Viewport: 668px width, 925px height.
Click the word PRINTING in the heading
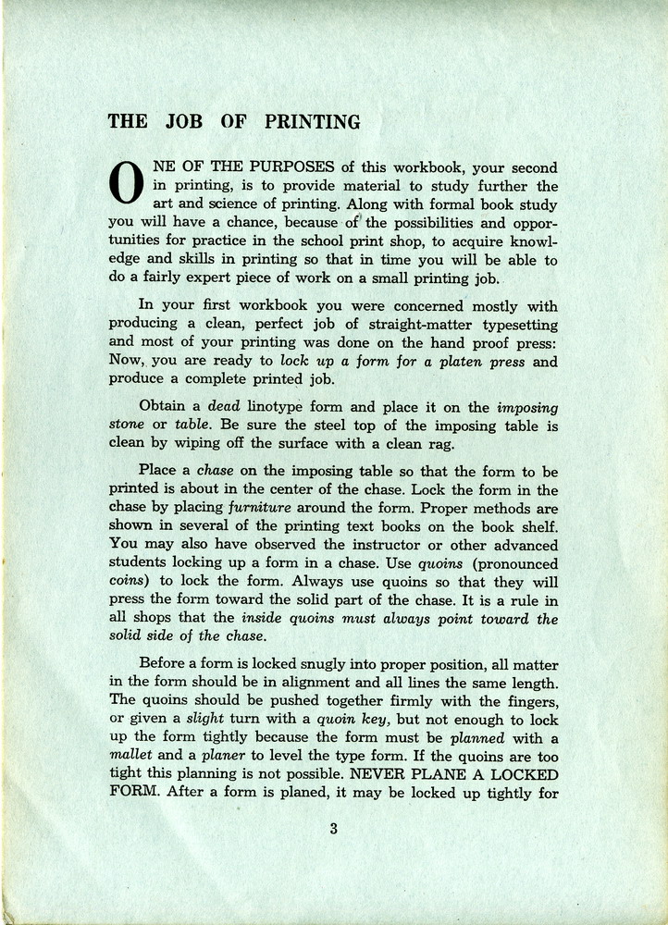point(313,121)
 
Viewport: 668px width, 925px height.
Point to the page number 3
point(333,829)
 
